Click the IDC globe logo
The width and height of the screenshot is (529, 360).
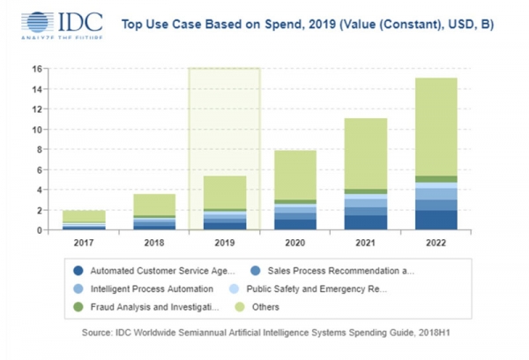pyautogui.click(x=37, y=22)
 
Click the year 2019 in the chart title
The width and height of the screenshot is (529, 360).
pyautogui.click(x=322, y=25)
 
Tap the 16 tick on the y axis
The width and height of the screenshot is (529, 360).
pyautogui.click(x=37, y=69)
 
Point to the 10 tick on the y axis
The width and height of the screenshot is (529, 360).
pyautogui.click(x=37, y=130)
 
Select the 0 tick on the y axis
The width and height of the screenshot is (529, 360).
pyautogui.click(x=40, y=230)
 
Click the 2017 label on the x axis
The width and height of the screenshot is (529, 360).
pyautogui.click(x=84, y=243)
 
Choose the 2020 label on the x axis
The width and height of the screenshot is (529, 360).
pyautogui.click(x=295, y=243)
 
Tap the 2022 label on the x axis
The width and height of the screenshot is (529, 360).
pyautogui.click(x=436, y=243)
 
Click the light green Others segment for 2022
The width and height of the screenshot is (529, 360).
pyautogui.click(x=436, y=127)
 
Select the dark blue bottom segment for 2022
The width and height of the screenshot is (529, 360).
pyautogui.click(x=436, y=221)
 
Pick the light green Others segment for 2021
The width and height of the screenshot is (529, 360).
pyautogui.click(x=366, y=154)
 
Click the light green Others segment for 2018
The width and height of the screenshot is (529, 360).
pyautogui.click(x=154, y=205)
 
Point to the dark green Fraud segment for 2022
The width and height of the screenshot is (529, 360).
pyautogui.click(x=436, y=179)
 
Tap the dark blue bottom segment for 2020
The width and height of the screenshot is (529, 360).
pyautogui.click(x=295, y=225)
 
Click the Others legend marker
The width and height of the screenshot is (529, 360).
pyautogui.click(x=240, y=307)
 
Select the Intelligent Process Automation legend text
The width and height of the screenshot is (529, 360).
pyautogui.click(x=152, y=289)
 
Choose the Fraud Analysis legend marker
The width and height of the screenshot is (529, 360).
pyautogui.click(x=78, y=307)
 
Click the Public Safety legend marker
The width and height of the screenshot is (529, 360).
pyautogui.click(x=234, y=289)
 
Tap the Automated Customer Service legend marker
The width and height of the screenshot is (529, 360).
pyautogui.click(x=78, y=271)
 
